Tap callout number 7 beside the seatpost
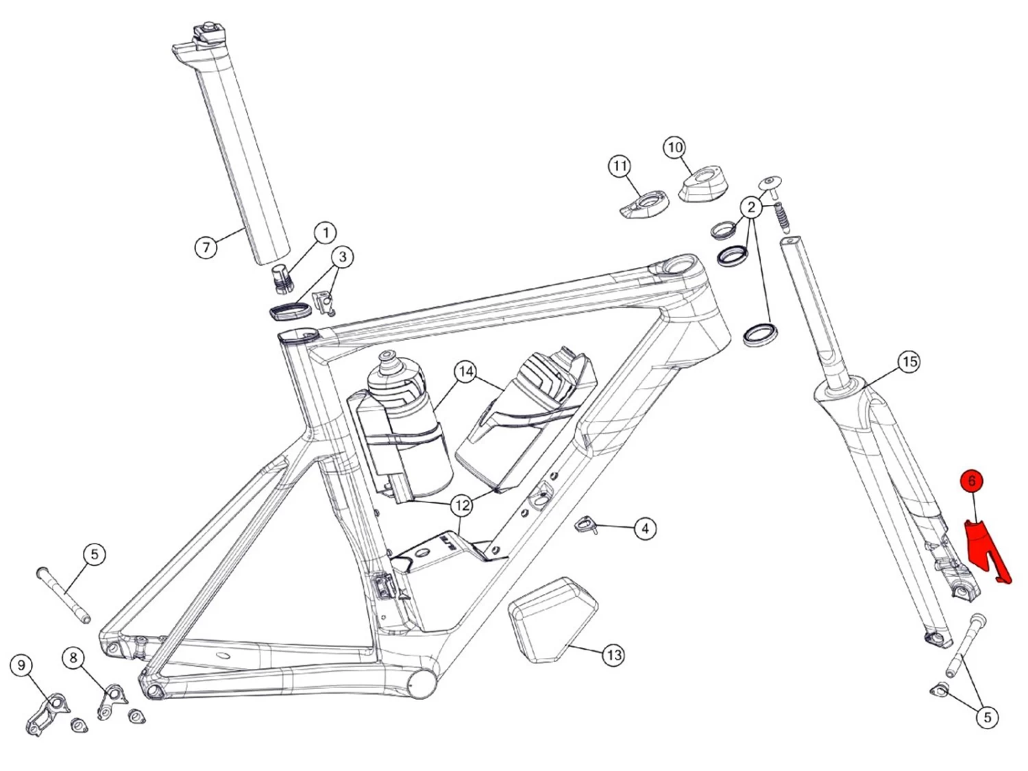pos(206,246)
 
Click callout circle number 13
pos(613,655)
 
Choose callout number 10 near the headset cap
pos(675,147)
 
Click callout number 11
pos(620,166)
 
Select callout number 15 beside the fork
pos(909,361)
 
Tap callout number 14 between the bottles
pos(466,372)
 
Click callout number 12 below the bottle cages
pos(462,506)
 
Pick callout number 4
pos(644,528)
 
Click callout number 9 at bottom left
pos(22,665)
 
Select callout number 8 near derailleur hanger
pos(73,658)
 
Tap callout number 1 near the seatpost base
pos(326,232)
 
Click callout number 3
pos(343,257)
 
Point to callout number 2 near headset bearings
pos(751,206)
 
